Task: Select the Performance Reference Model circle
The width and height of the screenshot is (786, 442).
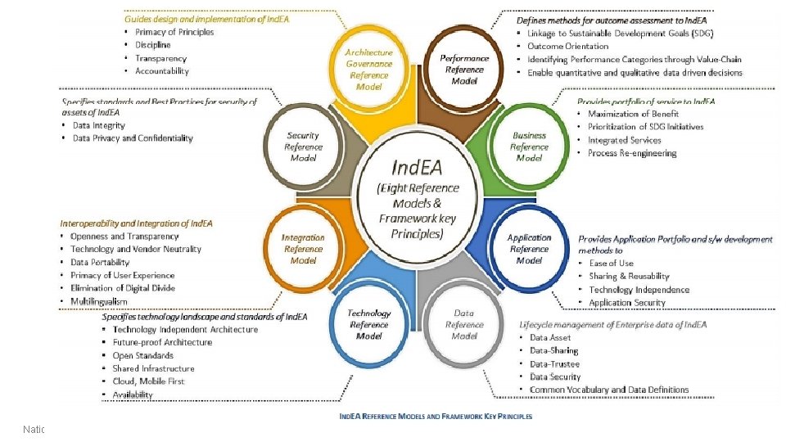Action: (x=464, y=70)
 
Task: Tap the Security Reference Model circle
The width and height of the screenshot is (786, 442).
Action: (x=303, y=147)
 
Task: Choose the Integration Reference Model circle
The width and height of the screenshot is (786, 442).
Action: (x=303, y=249)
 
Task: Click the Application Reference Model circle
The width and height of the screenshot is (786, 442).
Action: (x=529, y=249)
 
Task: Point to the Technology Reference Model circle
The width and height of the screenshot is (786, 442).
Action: (x=369, y=324)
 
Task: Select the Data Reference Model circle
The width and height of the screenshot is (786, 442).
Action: (x=464, y=324)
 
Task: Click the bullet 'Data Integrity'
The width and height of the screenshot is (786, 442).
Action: (x=99, y=125)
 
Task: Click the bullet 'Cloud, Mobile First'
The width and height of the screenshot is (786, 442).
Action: (x=148, y=381)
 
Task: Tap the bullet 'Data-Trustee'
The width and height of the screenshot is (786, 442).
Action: (x=554, y=364)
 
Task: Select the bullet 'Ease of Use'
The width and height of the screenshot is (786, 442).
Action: (x=611, y=263)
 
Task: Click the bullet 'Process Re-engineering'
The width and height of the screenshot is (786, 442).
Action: (x=632, y=153)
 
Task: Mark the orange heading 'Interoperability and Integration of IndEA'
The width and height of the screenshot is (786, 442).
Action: (x=136, y=223)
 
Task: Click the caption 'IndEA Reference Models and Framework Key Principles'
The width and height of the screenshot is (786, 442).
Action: (x=436, y=416)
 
